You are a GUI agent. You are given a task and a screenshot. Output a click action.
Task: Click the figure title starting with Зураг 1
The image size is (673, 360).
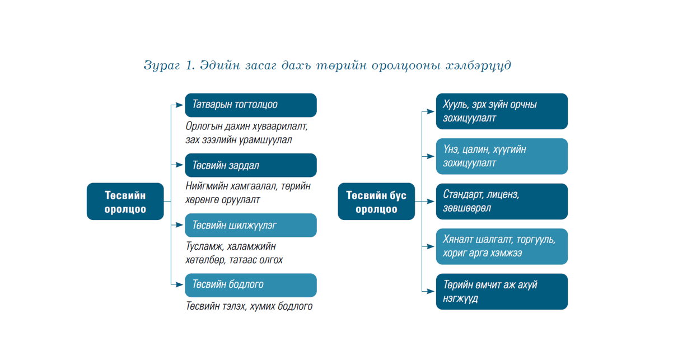(x=327, y=66)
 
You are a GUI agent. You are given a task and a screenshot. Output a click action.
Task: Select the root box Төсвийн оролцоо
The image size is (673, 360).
(x=125, y=202)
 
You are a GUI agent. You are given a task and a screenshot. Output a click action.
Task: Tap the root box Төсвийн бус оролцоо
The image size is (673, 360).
(x=376, y=202)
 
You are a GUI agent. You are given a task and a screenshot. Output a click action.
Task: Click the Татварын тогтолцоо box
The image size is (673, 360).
(x=250, y=105)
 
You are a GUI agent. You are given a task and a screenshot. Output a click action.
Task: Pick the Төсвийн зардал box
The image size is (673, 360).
(x=250, y=165)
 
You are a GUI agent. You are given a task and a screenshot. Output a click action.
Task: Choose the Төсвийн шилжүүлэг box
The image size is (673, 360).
(x=250, y=225)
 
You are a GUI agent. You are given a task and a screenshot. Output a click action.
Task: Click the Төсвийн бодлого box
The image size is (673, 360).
(x=250, y=285)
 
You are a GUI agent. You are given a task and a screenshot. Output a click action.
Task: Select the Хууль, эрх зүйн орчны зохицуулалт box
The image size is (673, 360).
(x=502, y=111)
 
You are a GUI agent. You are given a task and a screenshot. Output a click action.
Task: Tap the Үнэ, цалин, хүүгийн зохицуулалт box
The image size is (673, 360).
(x=502, y=156)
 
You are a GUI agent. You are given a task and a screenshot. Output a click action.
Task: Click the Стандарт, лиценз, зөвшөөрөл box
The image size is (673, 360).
(x=502, y=202)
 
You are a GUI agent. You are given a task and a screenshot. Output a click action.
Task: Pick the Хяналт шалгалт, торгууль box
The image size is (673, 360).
(x=502, y=246)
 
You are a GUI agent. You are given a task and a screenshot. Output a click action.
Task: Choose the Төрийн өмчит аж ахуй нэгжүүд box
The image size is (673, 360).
(x=502, y=292)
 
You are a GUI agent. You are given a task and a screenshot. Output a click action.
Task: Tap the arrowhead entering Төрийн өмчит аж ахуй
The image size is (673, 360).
(x=432, y=291)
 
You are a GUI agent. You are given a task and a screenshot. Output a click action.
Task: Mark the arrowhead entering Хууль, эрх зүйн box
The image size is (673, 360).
(x=432, y=111)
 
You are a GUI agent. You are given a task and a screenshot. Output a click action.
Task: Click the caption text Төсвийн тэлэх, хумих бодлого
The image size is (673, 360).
(x=249, y=306)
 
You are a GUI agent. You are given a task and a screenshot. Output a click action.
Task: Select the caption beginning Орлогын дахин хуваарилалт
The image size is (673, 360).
(x=246, y=133)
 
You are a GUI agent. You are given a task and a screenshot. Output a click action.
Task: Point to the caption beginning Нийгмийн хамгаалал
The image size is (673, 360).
(x=247, y=193)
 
